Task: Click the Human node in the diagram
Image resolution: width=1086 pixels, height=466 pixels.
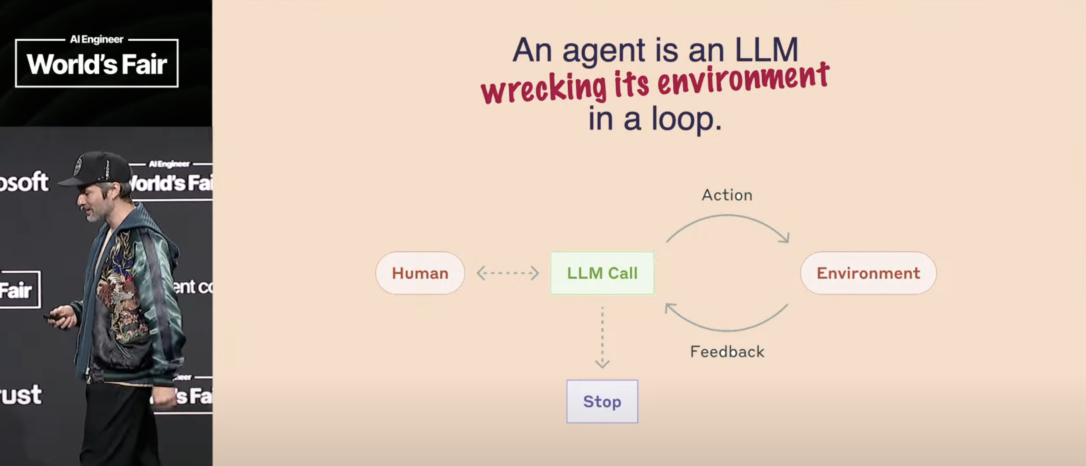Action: [420, 273]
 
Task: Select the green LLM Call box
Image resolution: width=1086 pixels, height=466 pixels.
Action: [602, 273]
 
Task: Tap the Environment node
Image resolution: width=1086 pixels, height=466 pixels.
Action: [868, 273]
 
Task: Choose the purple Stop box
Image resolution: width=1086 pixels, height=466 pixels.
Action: [602, 401]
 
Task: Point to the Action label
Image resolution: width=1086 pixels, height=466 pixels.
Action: [727, 195]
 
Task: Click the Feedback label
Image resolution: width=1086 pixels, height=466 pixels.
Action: [727, 352]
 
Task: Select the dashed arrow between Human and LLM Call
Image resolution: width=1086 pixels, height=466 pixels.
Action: [507, 273]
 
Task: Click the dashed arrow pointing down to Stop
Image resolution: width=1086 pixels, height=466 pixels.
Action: [602, 338]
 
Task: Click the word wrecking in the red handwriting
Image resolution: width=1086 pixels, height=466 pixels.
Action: [544, 89]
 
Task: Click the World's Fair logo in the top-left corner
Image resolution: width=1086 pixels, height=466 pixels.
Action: [97, 62]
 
